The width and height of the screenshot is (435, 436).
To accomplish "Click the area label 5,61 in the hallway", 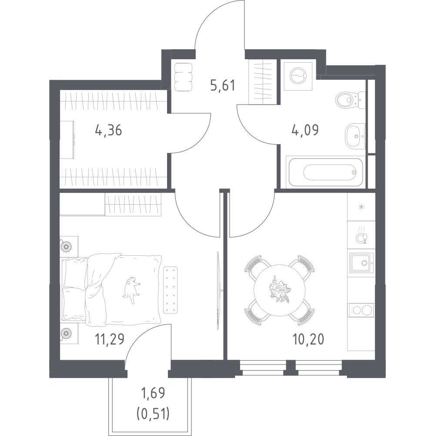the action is pos(223,85).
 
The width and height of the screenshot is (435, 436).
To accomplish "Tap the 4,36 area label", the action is pos(108,130).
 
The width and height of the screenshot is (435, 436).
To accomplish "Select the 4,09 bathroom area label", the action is pos(305,129).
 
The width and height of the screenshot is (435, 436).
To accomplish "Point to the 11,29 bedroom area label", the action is pos(109,339).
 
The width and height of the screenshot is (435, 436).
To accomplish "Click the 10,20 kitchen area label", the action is pos(308,339).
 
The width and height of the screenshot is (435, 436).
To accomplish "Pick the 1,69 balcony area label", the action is pos(153,393).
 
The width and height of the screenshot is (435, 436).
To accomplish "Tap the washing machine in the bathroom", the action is pos(298,76).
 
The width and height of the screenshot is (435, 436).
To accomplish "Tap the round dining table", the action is pos(279,290).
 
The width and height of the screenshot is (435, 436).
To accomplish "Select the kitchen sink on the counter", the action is pos(361,263).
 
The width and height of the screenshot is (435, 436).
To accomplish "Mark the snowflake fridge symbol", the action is pos(361,206).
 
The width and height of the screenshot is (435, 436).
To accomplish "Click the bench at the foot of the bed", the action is pos(170,290).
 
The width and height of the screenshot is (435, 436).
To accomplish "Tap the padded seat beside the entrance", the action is pos(183,77).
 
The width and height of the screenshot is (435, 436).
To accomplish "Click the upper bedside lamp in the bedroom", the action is pos(67,246).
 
